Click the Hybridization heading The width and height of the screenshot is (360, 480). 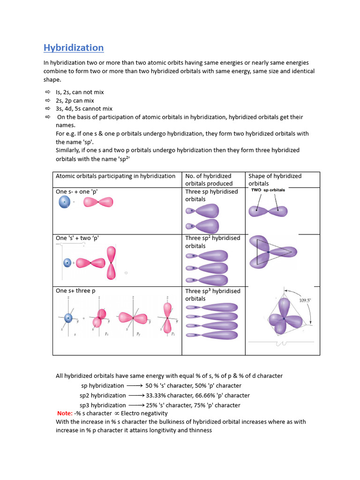(74, 48)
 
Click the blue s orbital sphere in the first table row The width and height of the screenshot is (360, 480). (64, 202)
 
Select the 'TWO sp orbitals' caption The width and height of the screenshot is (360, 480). (268, 190)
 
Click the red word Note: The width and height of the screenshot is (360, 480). (65, 413)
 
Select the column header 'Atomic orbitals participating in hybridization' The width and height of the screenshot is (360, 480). (115, 176)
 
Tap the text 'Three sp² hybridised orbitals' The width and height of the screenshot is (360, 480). (212, 242)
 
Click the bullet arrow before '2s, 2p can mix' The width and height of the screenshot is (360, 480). (47, 101)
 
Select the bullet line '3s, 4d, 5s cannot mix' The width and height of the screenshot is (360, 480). (84, 109)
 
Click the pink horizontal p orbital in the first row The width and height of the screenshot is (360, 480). (98, 202)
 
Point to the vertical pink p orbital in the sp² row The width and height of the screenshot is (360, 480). (111, 262)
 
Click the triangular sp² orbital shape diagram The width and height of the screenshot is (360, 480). (271, 252)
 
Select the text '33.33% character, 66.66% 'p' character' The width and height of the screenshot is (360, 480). (198, 396)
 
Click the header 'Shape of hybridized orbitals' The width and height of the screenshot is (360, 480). (275, 180)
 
